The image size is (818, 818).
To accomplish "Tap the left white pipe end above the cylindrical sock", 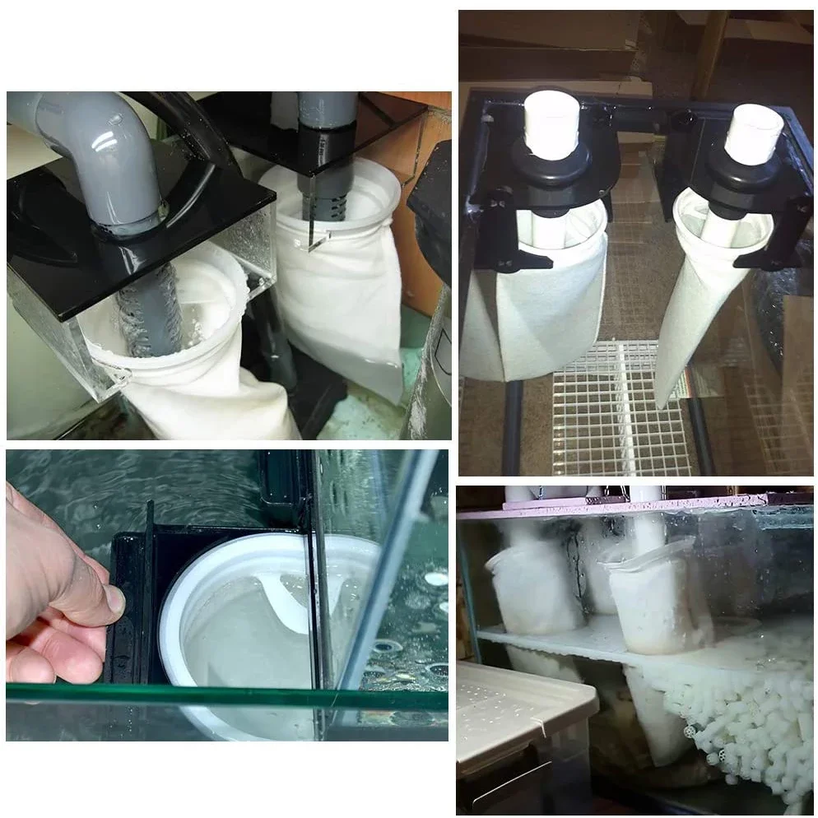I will (551, 123).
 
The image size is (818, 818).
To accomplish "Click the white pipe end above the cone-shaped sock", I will (753, 132).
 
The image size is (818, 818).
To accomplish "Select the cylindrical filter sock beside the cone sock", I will (527, 313).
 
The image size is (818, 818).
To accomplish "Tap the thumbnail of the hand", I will (115, 601).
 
